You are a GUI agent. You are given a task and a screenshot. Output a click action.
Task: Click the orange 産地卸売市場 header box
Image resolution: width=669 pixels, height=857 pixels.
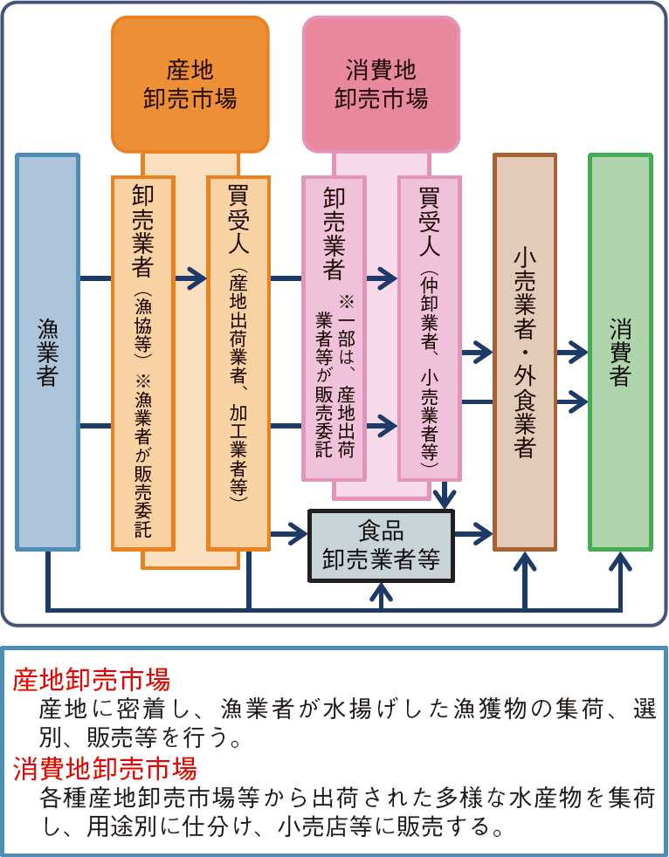(190, 84)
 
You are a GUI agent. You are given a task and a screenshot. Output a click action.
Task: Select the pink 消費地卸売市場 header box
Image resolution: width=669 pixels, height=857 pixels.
(381, 84)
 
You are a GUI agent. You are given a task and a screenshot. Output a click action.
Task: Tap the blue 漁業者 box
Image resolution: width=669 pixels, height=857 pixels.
(48, 352)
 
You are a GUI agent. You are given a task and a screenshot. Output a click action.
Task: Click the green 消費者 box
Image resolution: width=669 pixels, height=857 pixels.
(620, 352)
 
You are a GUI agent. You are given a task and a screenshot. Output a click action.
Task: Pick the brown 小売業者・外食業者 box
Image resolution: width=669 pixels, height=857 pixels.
(524, 352)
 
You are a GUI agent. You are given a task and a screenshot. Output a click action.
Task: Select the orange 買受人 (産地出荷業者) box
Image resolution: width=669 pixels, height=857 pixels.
(238, 362)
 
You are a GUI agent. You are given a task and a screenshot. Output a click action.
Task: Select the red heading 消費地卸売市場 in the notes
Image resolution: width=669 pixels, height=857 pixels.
(104, 770)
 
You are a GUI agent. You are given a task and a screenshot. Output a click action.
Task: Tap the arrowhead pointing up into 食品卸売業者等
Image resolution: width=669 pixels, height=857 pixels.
(382, 591)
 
